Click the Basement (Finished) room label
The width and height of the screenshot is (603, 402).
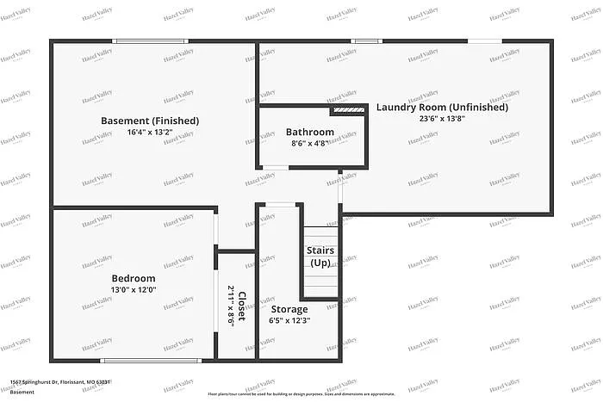point(150,121)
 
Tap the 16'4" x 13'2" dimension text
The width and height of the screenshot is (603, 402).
point(150,133)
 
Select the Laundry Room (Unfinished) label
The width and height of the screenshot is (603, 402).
point(442,108)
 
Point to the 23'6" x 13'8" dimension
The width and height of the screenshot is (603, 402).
point(442,119)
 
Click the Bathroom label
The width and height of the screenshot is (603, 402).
point(310,132)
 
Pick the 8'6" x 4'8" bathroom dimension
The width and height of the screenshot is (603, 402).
point(310,144)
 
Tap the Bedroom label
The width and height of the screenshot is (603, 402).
point(134,278)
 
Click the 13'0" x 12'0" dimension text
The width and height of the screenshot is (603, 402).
point(134,290)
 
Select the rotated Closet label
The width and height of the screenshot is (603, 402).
point(243,305)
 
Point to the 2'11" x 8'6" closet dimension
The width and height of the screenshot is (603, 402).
point(231,305)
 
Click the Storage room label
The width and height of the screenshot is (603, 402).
point(289,309)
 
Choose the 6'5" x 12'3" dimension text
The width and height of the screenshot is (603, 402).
point(289,320)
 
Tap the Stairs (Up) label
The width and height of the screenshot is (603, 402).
point(320,256)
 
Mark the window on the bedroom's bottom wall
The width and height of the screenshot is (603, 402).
point(151,360)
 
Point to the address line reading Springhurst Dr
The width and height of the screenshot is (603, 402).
point(60,380)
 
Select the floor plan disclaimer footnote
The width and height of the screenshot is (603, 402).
point(301,393)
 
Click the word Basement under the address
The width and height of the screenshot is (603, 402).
point(23,392)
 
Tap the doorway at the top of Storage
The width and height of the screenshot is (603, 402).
point(278,205)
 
